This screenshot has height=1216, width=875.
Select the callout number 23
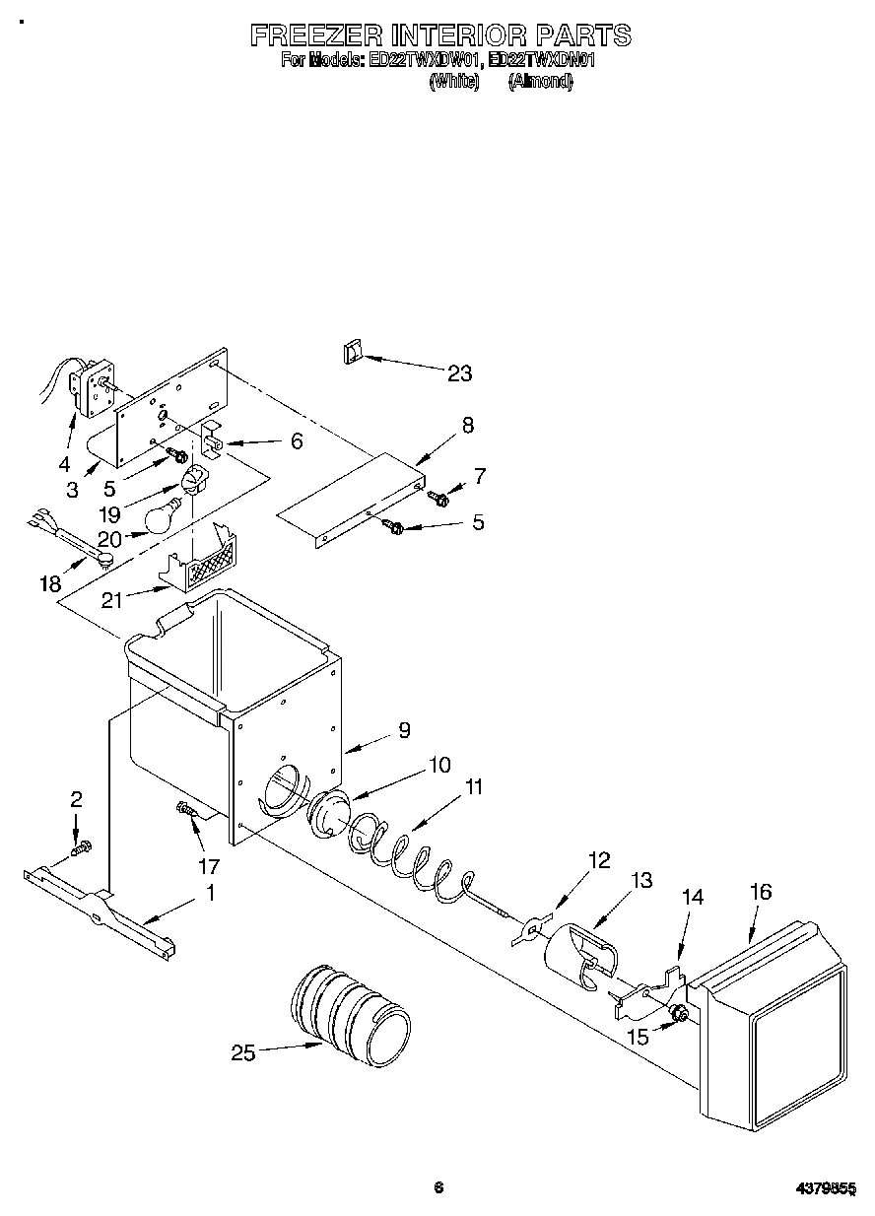(x=459, y=373)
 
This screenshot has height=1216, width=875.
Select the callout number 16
(x=760, y=893)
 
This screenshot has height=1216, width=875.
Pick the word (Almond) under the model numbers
(x=540, y=83)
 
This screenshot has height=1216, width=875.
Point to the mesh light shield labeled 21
(x=201, y=567)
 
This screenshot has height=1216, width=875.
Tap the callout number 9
(x=404, y=730)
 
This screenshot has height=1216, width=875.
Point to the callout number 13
(x=641, y=881)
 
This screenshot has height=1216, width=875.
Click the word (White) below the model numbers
(x=454, y=83)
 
